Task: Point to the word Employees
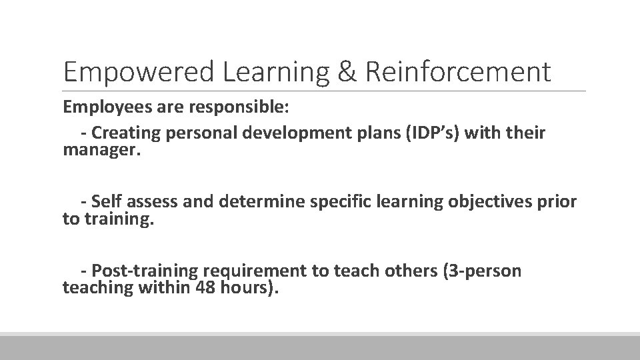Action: tap(101, 107)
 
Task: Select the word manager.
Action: tap(102, 151)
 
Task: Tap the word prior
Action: tap(557, 201)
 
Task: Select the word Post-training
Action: tap(145, 271)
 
